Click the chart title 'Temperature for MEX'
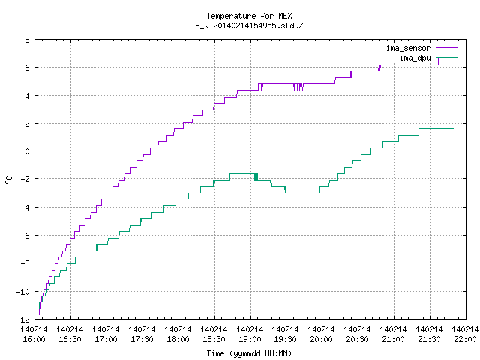(249, 16)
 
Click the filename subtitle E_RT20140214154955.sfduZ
(249, 25)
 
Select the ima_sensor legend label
(408, 48)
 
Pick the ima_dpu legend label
(415, 58)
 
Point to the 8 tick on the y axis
(28, 40)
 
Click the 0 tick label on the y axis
(28, 151)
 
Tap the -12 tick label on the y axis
(23, 319)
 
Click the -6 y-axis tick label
(25, 235)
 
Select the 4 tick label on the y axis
(28, 95)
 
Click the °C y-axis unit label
(9, 180)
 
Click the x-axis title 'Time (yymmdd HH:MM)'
(249, 353)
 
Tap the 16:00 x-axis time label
(34, 339)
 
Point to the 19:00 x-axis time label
(250, 339)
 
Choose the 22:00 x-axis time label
(465, 339)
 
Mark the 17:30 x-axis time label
(142, 339)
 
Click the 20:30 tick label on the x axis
(357, 339)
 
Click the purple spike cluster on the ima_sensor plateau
(298, 87)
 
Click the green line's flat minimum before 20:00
(303, 193)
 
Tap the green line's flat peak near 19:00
(242, 174)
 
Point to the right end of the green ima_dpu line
(453, 128)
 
